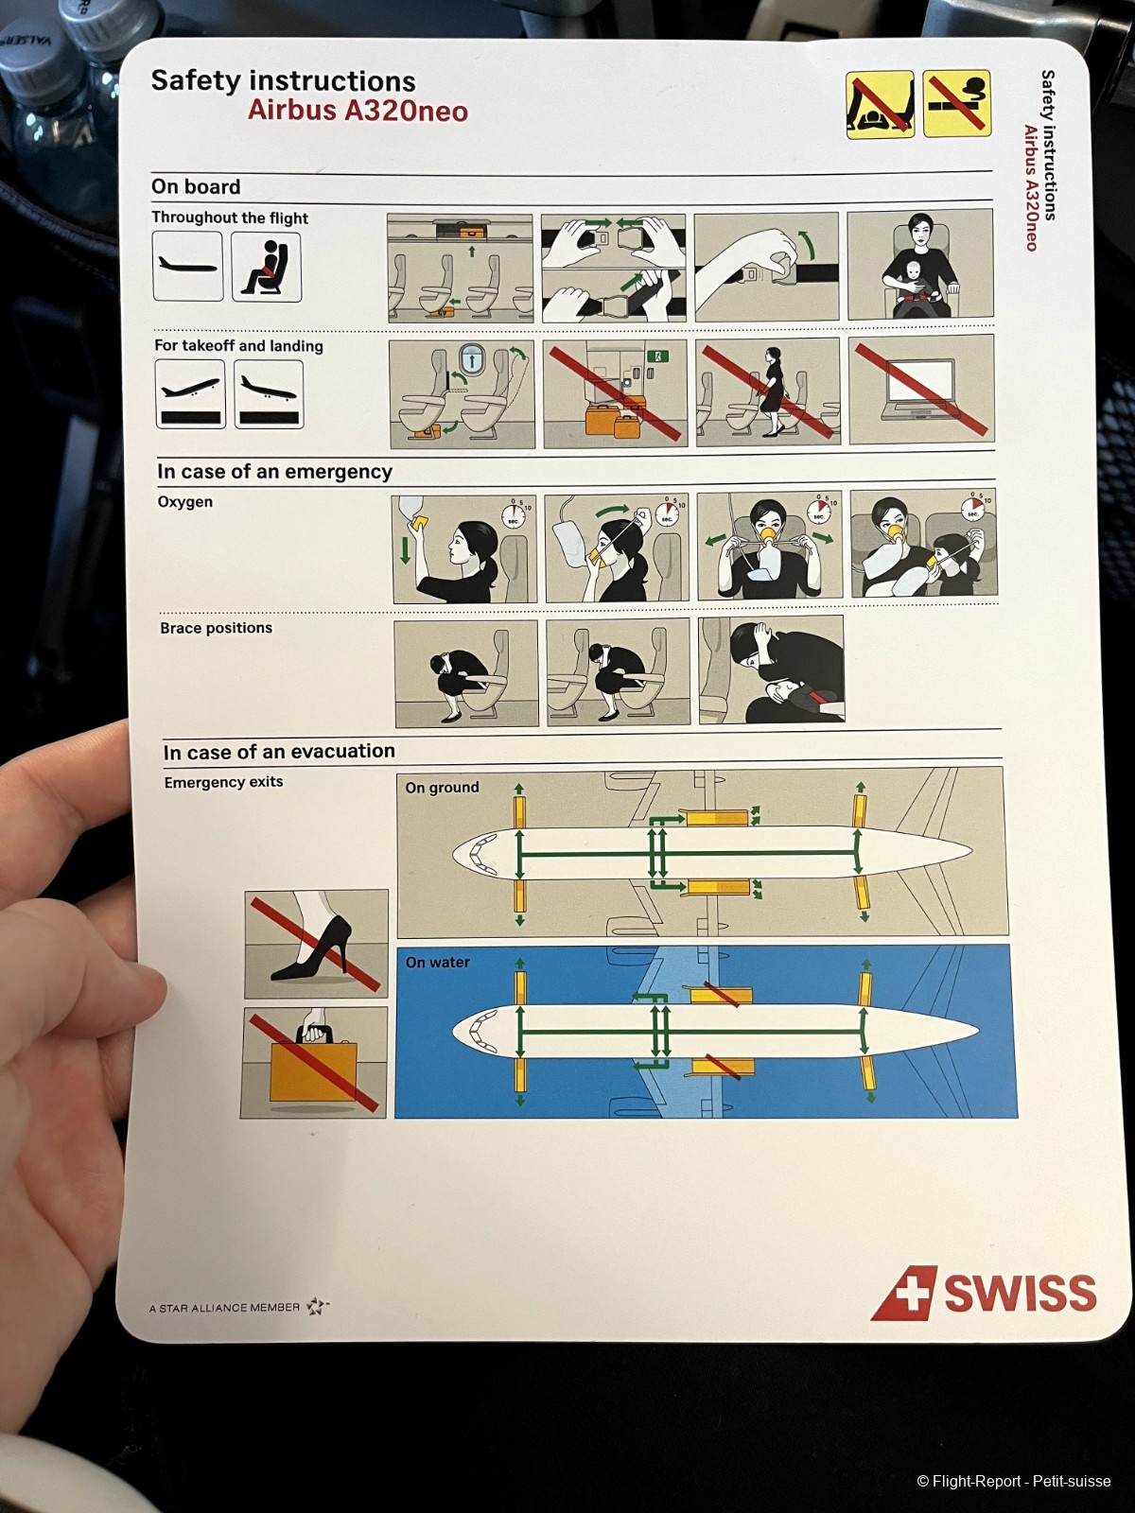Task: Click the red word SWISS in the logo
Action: (1020, 1293)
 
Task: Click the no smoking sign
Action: (956, 103)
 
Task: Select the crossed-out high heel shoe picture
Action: (316, 943)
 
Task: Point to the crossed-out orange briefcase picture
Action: (314, 1062)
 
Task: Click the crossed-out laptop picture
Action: (921, 390)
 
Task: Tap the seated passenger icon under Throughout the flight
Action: (266, 267)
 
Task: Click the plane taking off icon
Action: (190, 393)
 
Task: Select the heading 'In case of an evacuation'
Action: (279, 751)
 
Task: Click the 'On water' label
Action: (438, 962)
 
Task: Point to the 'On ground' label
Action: (442, 787)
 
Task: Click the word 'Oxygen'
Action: (185, 502)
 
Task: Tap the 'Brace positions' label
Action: (217, 628)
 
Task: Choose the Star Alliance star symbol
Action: (317, 1305)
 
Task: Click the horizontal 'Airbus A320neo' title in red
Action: (358, 111)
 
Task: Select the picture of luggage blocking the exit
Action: (615, 392)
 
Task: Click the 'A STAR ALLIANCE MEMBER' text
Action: (225, 1308)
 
